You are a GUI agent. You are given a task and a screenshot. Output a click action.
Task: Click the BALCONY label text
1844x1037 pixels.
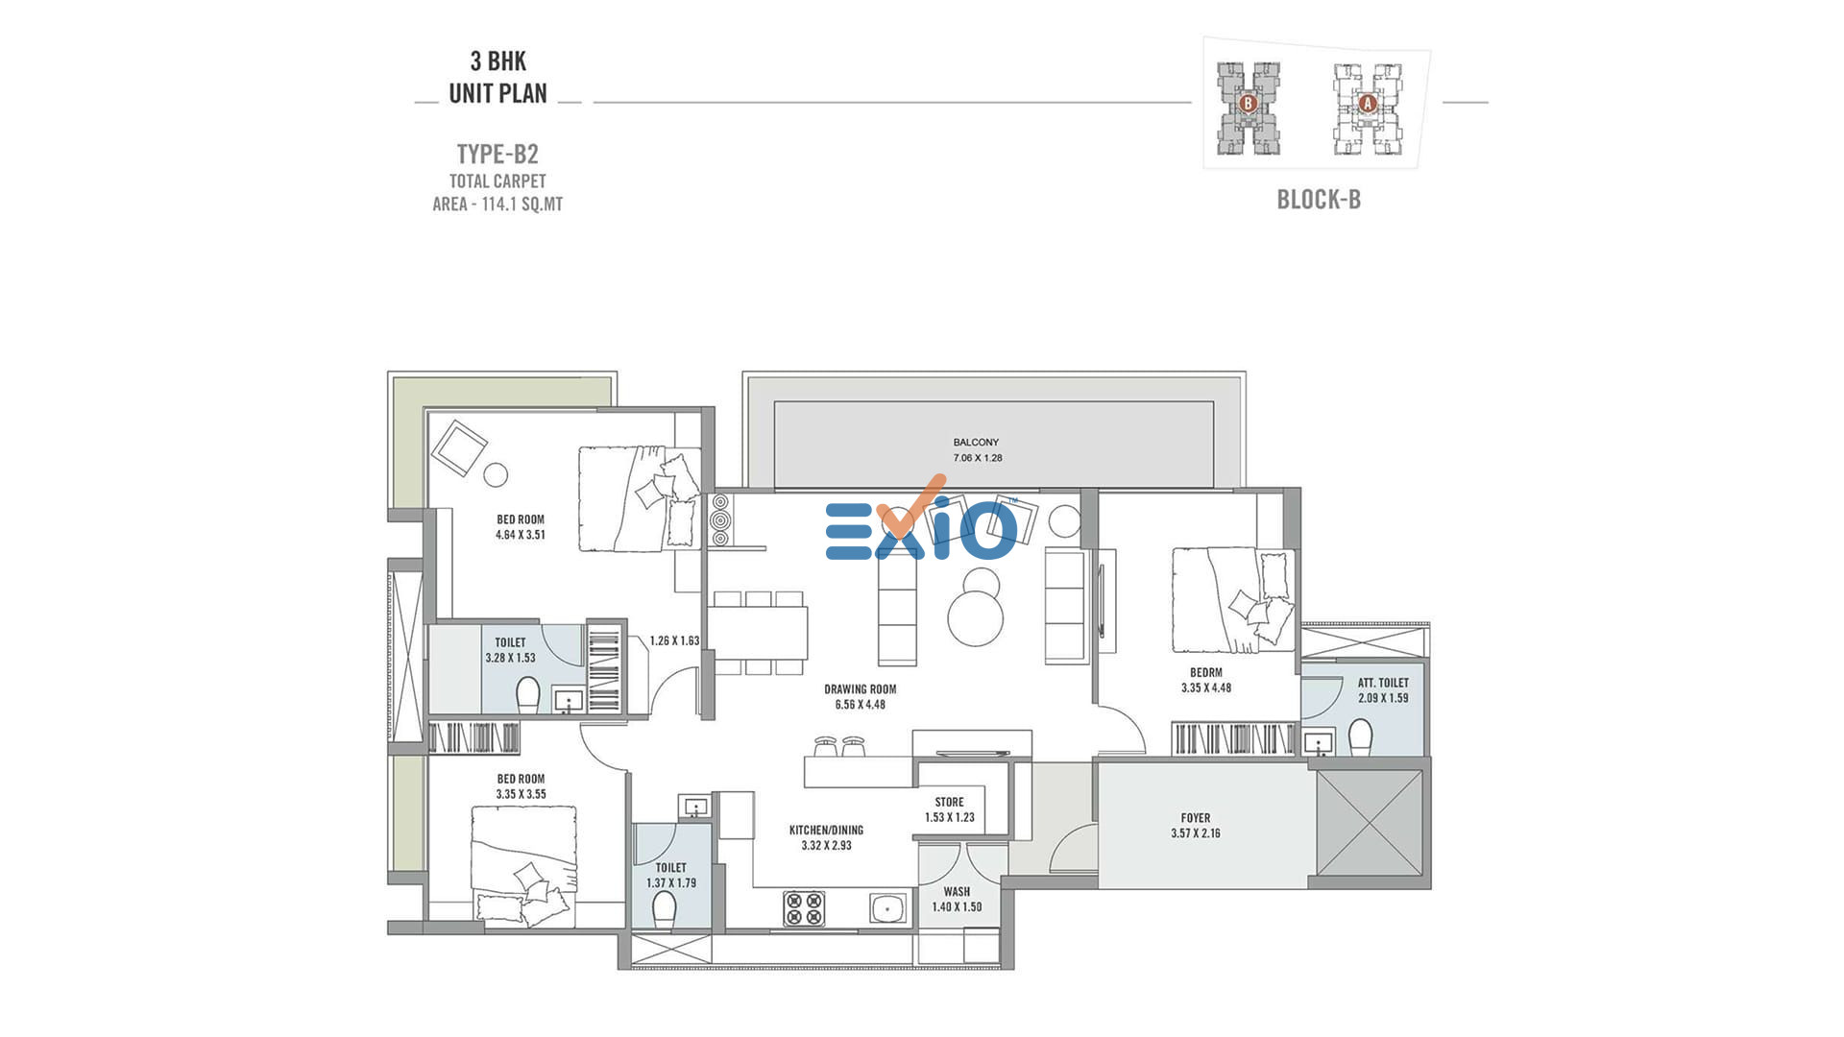(976, 443)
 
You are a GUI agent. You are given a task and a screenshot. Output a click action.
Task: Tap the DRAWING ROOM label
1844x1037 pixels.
(860, 689)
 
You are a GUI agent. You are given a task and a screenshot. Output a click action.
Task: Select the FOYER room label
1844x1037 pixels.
(1196, 818)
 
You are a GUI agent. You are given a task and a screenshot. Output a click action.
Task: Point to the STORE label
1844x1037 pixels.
(949, 802)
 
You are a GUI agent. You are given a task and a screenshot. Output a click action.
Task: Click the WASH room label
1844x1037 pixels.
(957, 892)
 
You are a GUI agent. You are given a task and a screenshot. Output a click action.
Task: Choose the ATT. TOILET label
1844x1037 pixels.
(1383, 683)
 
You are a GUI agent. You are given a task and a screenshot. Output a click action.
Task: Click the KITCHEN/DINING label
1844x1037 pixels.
(826, 831)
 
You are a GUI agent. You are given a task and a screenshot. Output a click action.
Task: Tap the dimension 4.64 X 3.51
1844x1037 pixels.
(521, 535)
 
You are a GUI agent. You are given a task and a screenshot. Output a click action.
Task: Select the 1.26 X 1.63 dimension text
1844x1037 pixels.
(674, 640)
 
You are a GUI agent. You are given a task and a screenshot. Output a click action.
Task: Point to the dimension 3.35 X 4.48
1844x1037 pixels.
(1206, 687)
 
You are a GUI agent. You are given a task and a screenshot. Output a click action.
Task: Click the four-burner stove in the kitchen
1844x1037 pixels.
(804, 908)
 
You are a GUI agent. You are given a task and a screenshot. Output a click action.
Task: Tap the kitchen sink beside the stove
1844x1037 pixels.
(888, 907)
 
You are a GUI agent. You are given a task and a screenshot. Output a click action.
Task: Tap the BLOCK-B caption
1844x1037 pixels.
(1319, 200)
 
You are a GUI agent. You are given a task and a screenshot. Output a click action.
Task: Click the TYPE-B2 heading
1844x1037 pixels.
(497, 154)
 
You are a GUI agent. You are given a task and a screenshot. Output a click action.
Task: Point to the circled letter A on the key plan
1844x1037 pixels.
(1368, 103)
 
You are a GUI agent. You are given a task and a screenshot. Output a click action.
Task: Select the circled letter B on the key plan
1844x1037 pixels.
(1249, 103)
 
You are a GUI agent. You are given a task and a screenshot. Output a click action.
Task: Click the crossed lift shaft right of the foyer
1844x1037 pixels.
(1369, 823)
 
